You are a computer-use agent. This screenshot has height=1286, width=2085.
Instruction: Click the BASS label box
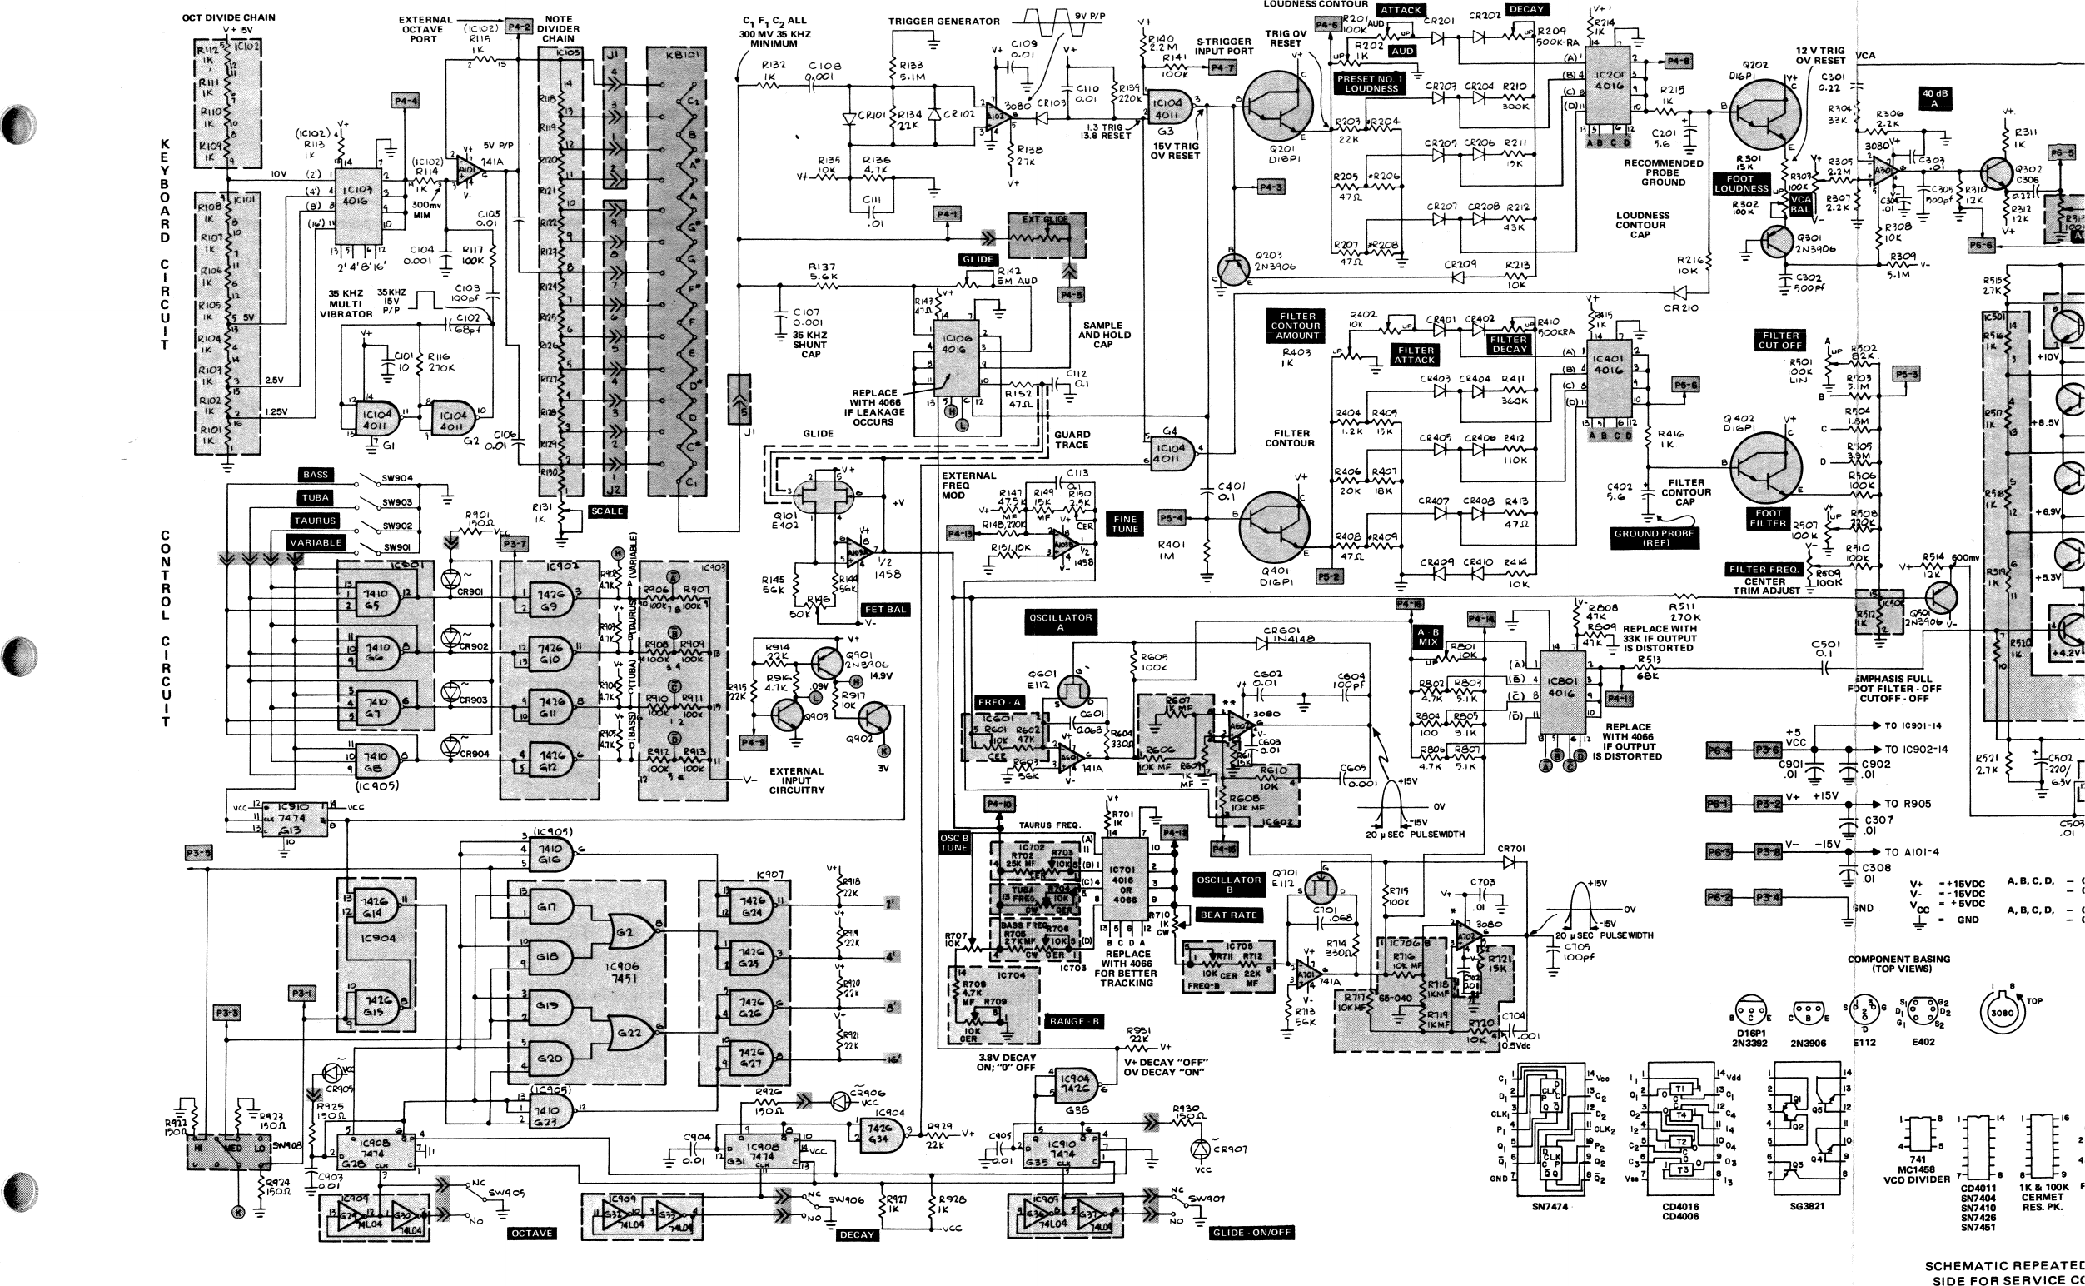click(x=316, y=475)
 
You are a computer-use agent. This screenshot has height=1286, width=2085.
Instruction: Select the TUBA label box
click(x=316, y=497)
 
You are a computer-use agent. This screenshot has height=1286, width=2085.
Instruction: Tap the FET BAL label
click(x=884, y=610)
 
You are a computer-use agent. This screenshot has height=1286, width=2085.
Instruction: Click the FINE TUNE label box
click(x=1124, y=524)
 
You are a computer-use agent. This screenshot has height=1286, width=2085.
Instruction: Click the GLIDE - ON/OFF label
click(x=1251, y=1233)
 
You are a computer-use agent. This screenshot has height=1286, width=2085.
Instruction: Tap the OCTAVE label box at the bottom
click(x=531, y=1234)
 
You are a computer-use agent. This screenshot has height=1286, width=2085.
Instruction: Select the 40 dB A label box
click(x=1934, y=98)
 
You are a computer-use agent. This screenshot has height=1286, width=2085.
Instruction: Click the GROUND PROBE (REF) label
click(x=1655, y=537)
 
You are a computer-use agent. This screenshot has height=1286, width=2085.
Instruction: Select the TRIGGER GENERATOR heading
click(x=944, y=22)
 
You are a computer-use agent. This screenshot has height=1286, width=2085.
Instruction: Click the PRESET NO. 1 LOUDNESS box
click(x=1371, y=83)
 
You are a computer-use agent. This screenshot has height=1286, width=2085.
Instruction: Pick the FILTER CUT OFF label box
click(x=1780, y=340)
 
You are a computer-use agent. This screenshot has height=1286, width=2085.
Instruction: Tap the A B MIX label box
click(x=1428, y=637)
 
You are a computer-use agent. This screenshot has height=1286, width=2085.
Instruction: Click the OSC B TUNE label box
click(x=953, y=842)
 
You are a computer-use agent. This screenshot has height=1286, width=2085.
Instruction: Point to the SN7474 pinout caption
click(x=1550, y=1206)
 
